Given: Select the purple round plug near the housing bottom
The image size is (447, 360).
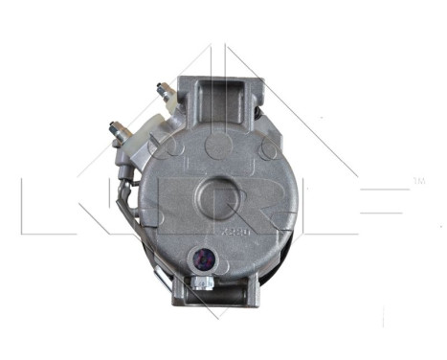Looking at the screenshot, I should pos(203,257).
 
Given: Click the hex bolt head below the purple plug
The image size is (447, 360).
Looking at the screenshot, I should pos(202,282).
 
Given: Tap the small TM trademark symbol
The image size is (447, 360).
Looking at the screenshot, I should pos(416,181).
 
